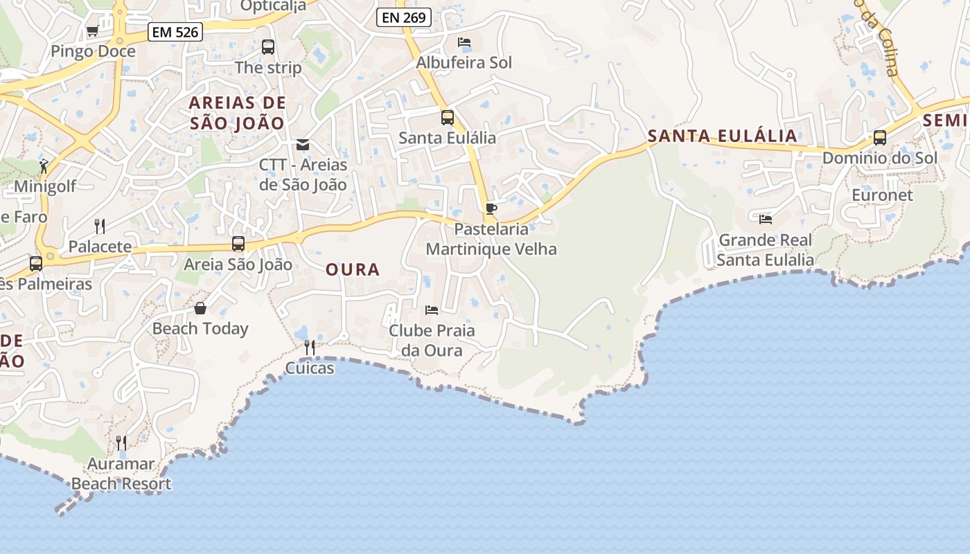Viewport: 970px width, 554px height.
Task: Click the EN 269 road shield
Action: pyautogui.click(x=404, y=17)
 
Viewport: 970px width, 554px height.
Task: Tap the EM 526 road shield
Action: pyautogui.click(x=175, y=32)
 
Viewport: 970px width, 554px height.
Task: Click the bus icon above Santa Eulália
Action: pyautogui.click(x=448, y=117)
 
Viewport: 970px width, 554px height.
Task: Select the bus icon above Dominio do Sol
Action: pyautogui.click(x=880, y=137)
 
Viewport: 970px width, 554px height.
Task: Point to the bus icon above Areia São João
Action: pyautogui.click(x=238, y=244)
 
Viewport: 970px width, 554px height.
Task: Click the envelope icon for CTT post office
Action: pyautogui.click(x=303, y=144)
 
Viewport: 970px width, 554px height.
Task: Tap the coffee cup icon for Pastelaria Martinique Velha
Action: pyautogui.click(x=491, y=208)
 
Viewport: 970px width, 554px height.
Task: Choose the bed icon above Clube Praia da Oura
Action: pyautogui.click(x=432, y=310)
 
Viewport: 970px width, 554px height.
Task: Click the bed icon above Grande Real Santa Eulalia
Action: pyautogui.click(x=766, y=219)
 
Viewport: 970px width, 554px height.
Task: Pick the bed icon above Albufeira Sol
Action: pyautogui.click(x=464, y=42)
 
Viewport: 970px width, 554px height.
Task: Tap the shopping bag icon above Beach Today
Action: pyautogui.click(x=200, y=307)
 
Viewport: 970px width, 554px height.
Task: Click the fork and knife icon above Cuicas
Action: pyautogui.click(x=310, y=347)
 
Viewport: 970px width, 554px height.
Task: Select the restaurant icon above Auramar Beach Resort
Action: pyautogui.click(x=121, y=443)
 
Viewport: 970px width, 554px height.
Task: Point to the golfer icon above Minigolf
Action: pyautogui.click(x=44, y=166)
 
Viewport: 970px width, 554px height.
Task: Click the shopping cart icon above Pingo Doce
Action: pyautogui.click(x=92, y=30)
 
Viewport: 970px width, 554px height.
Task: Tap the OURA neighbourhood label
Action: pyautogui.click(x=353, y=270)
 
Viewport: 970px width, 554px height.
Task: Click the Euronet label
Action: pyautogui.click(x=882, y=195)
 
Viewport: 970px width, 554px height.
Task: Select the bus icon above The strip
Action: pyautogui.click(x=268, y=47)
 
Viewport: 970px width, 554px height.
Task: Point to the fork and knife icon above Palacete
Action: pyautogui.click(x=100, y=226)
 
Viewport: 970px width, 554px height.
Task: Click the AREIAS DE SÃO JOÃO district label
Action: pyautogui.click(x=237, y=113)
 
